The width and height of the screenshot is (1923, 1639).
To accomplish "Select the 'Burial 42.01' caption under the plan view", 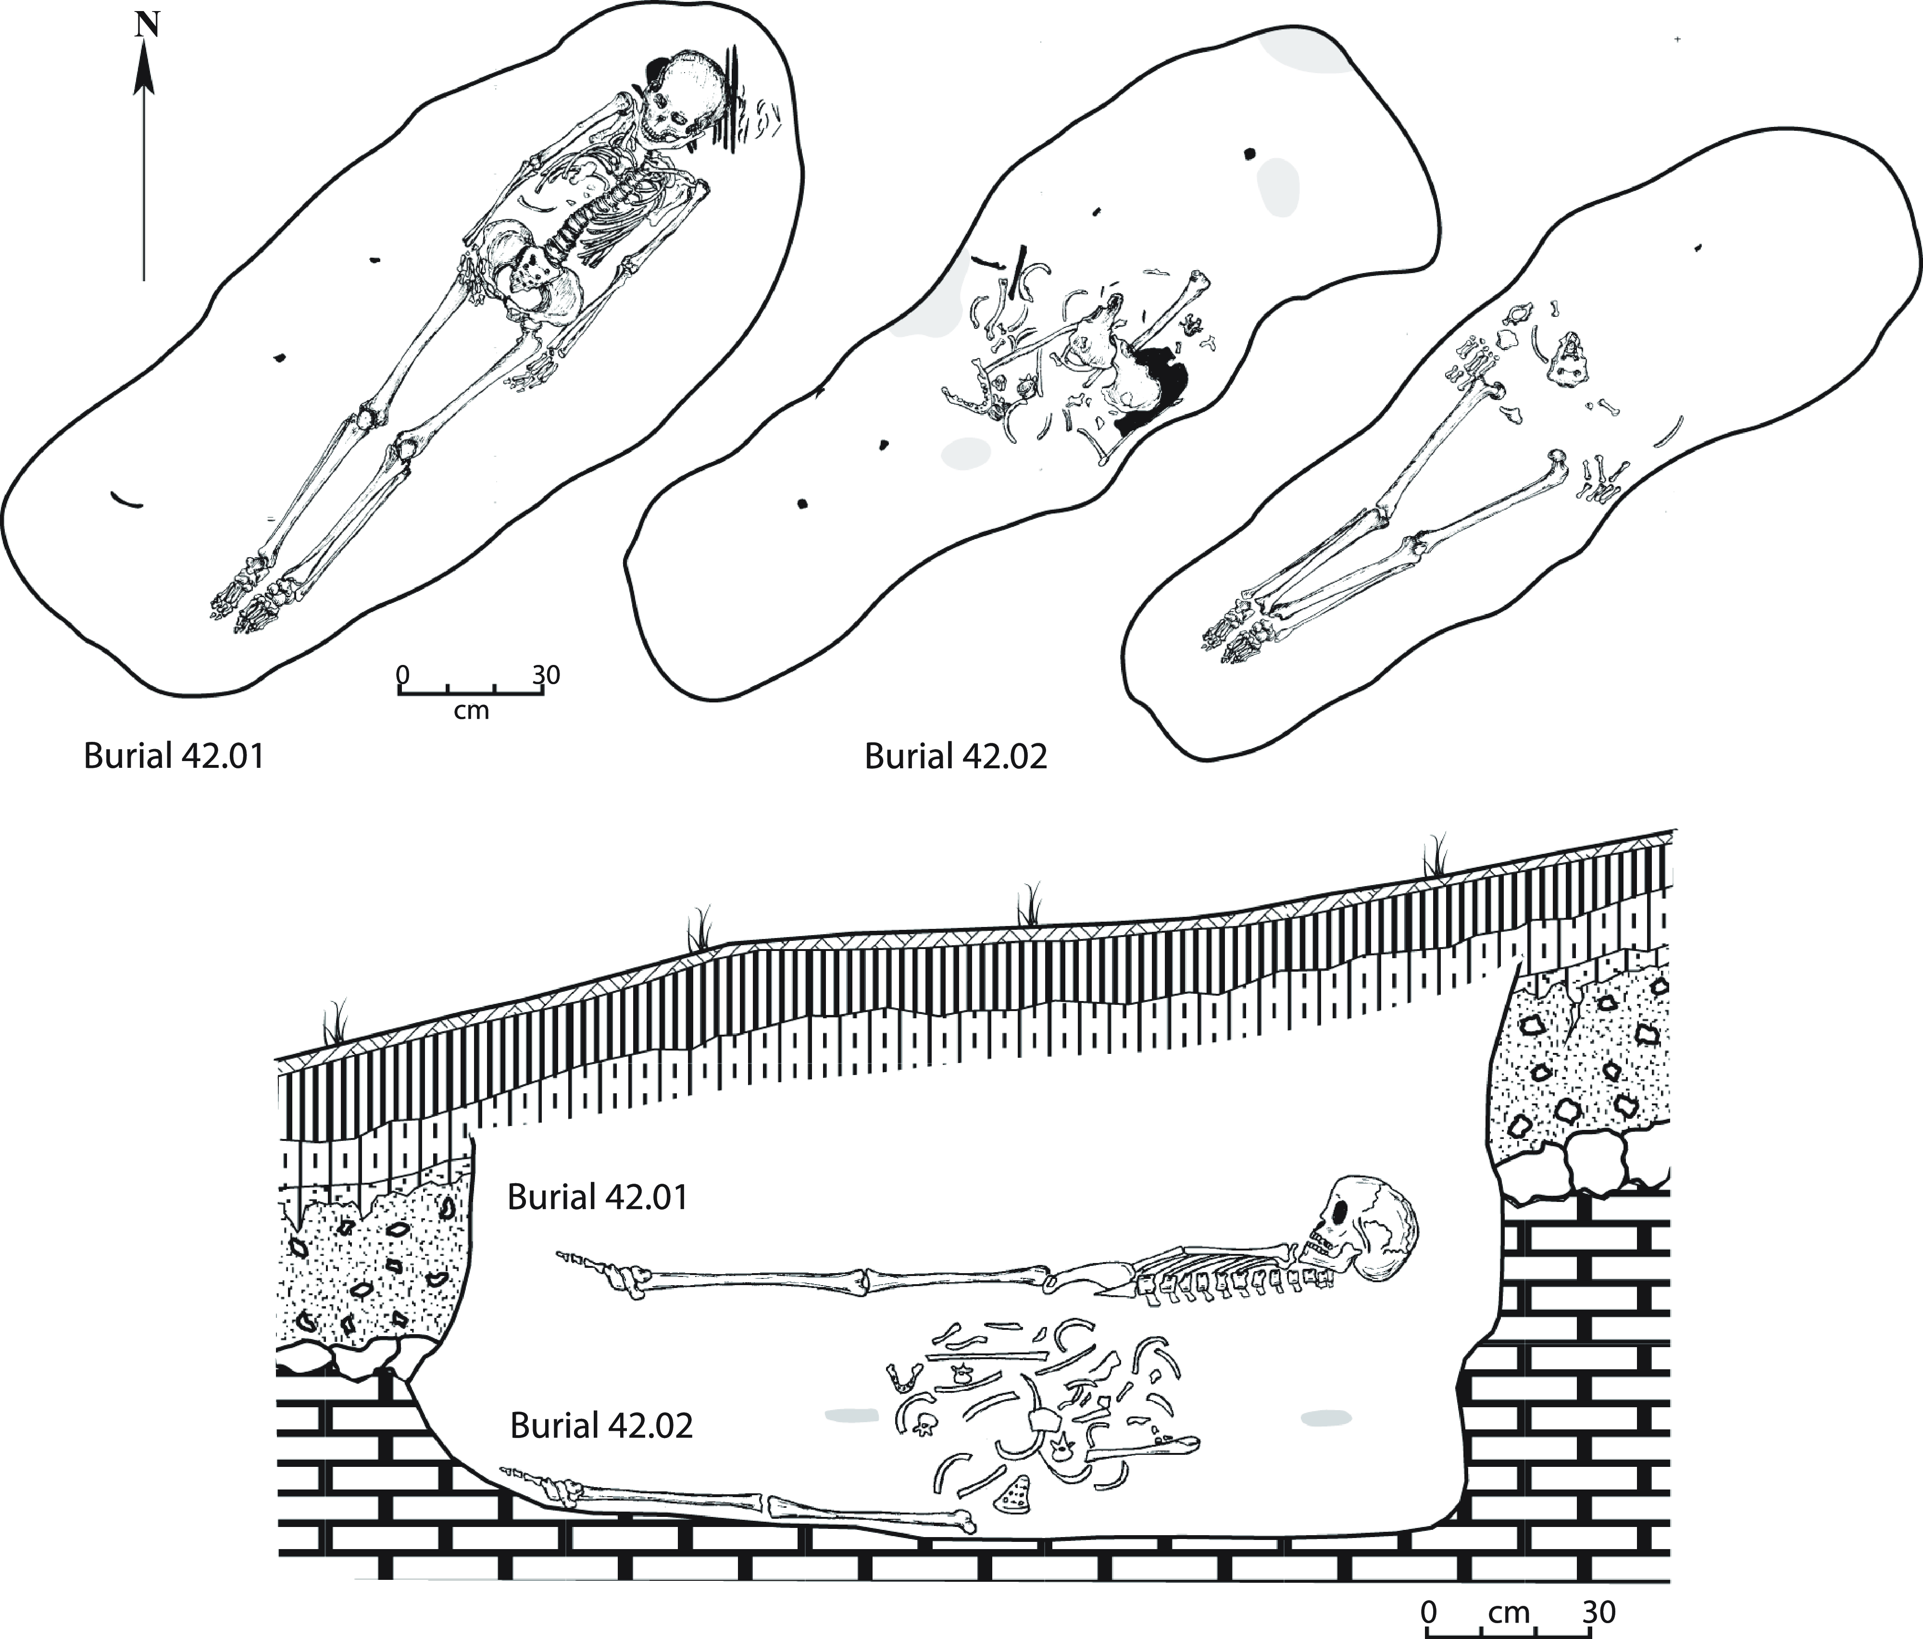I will pos(174,755).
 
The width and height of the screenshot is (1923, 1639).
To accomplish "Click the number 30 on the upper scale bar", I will pos(546,675).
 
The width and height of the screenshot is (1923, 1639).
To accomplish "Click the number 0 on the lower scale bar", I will pos(1429,1611).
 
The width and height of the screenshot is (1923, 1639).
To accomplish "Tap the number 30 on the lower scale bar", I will pos(1598,1611).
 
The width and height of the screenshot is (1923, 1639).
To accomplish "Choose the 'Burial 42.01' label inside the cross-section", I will pos(598,1197).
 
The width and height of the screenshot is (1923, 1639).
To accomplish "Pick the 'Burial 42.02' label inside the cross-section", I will pos(601,1425).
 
